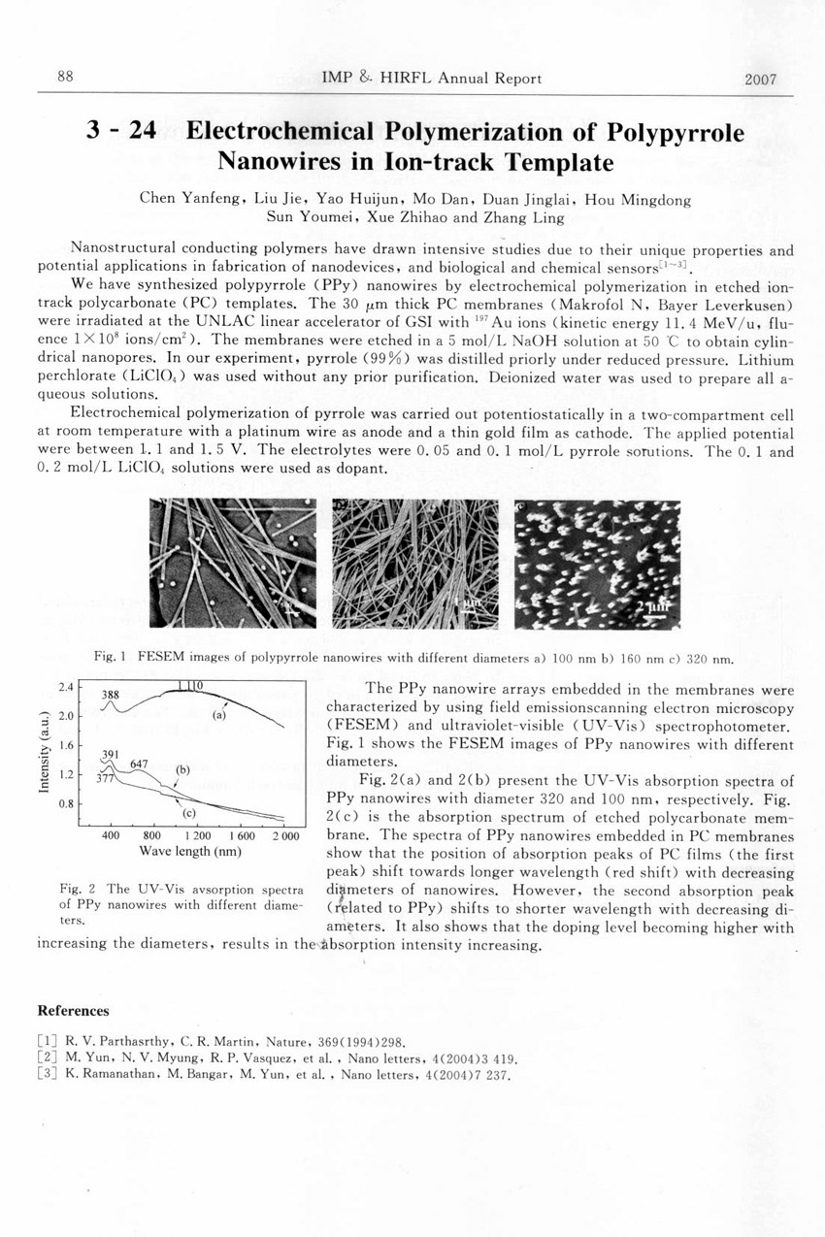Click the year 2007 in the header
761,80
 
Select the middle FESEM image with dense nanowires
414,563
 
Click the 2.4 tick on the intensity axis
66,687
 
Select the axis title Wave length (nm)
190,852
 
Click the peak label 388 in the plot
112,695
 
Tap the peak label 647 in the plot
139,764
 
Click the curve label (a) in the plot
219,715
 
